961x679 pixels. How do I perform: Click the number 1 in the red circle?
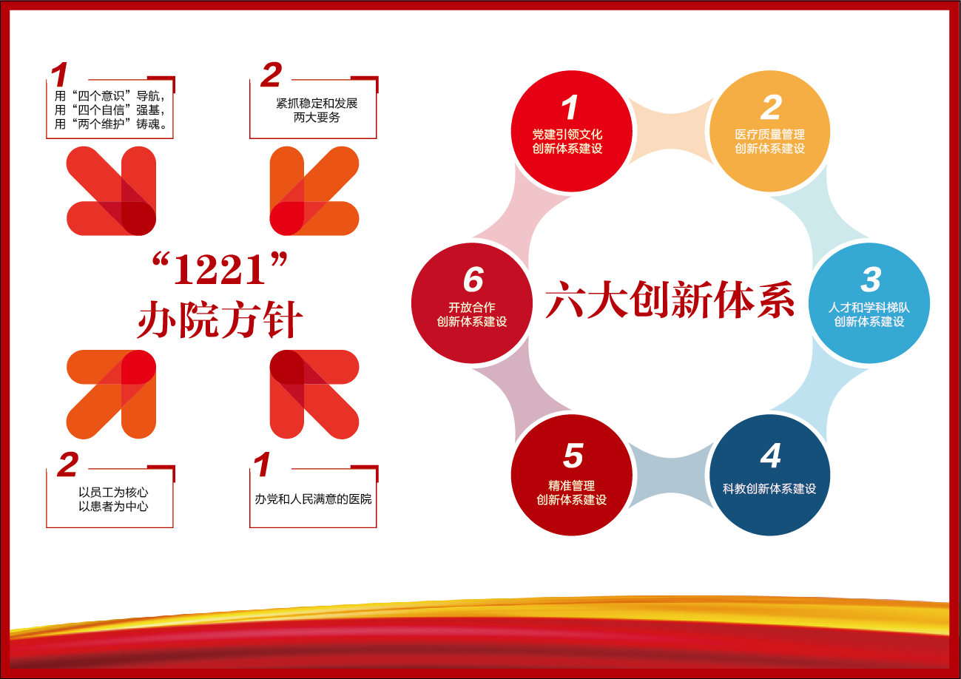pyautogui.click(x=570, y=107)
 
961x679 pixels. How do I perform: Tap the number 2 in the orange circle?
pyautogui.click(x=771, y=107)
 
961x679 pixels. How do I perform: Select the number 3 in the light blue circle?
pyautogui.click(x=871, y=280)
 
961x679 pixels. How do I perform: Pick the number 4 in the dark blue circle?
pyautogui.click(x=771, y=456)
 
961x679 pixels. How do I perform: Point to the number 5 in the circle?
pyautogui.click(x=573, y=456)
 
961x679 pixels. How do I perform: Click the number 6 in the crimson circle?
pyautogui.click(x=473, y=280)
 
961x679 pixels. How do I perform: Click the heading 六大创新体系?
pyautogui.click(x=670, y=300)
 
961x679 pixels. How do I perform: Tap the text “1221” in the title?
pyautogui.click(x=220, y=268)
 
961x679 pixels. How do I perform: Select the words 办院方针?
pyautogui.click(x=220, y=320)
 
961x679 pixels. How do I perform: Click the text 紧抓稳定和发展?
pyautogui.click(x=317, y=104)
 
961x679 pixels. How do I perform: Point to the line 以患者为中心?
pyautogui.click(x=113, y=506)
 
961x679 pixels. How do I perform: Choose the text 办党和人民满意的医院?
pyautogui.click(x=313, y=499)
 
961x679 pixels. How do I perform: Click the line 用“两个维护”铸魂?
pyautogui.click(x=110, y=124)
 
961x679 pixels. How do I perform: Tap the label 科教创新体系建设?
pyautogui.click(x=769, y=489)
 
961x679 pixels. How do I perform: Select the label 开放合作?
pyautogui.click(x=472, y=307)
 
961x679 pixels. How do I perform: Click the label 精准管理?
pyautogui.click(x=571, y=485)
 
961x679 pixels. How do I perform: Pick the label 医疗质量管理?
pyautogui.click(x=769, y=135)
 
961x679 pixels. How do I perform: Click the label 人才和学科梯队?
pyautogui.click(x=869, y=307)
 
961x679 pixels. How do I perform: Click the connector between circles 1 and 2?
pyautogui.click(x=670, y=131)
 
